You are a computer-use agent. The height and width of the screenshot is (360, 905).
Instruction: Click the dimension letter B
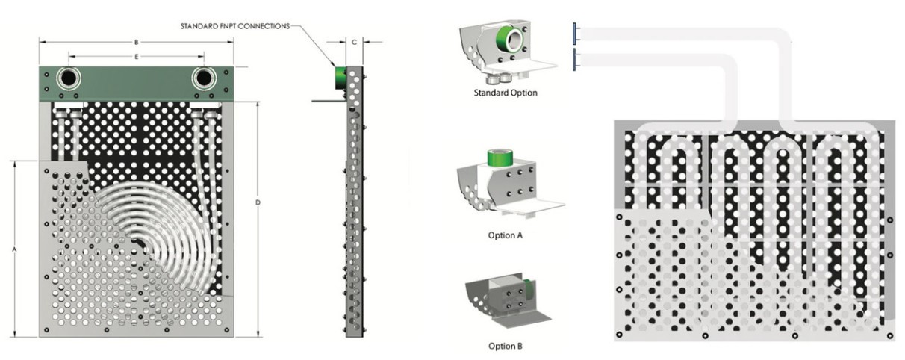pos(137,42)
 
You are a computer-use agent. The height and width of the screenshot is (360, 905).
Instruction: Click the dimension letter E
pos(136,57)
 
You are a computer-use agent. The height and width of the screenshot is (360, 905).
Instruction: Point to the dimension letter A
pos(14,250)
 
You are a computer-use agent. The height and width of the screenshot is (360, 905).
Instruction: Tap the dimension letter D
pos(258,202)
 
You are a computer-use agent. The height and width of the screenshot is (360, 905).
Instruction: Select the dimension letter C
pos(355,42)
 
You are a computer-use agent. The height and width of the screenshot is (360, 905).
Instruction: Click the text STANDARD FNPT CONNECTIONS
pos(234,26)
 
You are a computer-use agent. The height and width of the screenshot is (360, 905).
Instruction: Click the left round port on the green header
pos(68,78)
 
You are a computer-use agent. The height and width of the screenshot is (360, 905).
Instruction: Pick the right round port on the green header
pos(204,78)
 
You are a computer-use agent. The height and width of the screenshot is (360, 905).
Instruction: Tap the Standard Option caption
pos(506,93)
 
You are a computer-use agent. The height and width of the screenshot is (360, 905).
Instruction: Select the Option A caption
pos(505,235)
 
